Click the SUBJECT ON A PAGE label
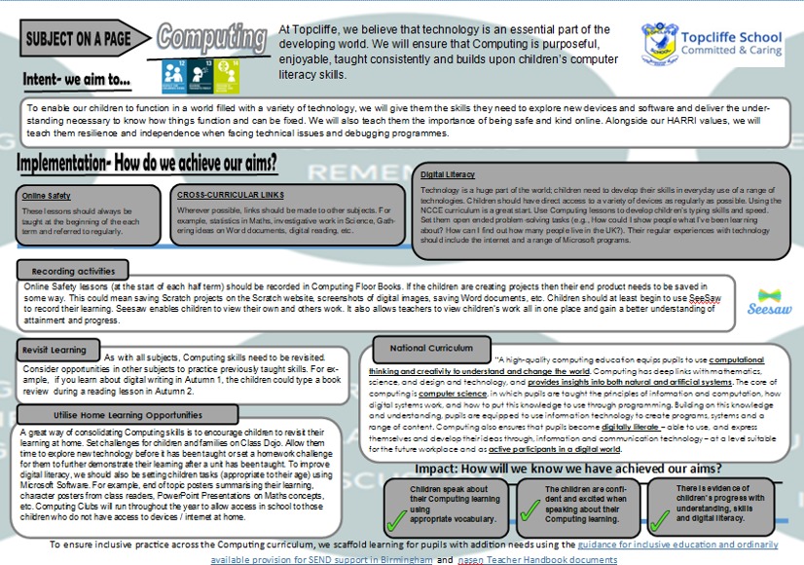pyautogui.click(x=80, y=39)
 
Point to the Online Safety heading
pyautogui.click(x=46, y=196)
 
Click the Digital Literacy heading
pyautogui.click(x=448, y=173)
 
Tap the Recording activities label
pyautogui.click(x=73, y=269)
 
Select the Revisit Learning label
pyautogui.click(x=56, y=349)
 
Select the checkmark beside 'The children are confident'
pyautogui.click(x=530, y=504)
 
